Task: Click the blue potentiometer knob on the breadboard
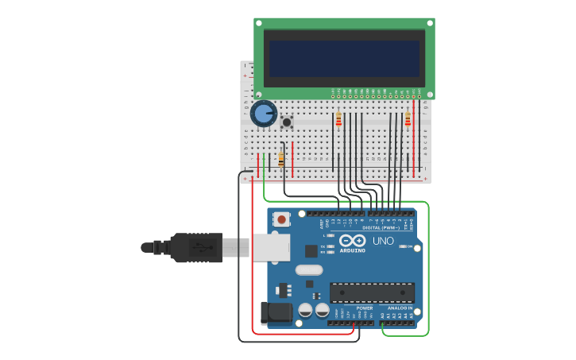pyautogui.click(x=263, y=114)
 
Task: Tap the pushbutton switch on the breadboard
pyautogui.click(x=286, y=122)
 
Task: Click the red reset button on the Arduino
pyautogui.click(x=281, y=218)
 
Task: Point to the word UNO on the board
pyautogui.click(x=383, y=241)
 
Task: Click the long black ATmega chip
pyautogui.click(x=372, y=292)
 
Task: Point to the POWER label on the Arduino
pyautogui.click(x=364, y=308)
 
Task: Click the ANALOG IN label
pyautogui.click(x=399, y=308)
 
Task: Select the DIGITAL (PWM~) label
pyautogui.click(x=381, y=228)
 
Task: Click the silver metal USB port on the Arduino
pyautogui.click(x=270, y=247)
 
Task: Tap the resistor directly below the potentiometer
pyautogui.click(x=280, y=159)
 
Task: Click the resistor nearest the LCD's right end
pyautogui.click(x=408, y=119)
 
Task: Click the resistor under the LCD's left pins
pyautogui.click(x=338, y=119)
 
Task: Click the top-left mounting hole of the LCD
pyautogui.click(x=260, y=23)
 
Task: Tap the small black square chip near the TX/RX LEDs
pyautogui.click(x=311, y=250)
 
